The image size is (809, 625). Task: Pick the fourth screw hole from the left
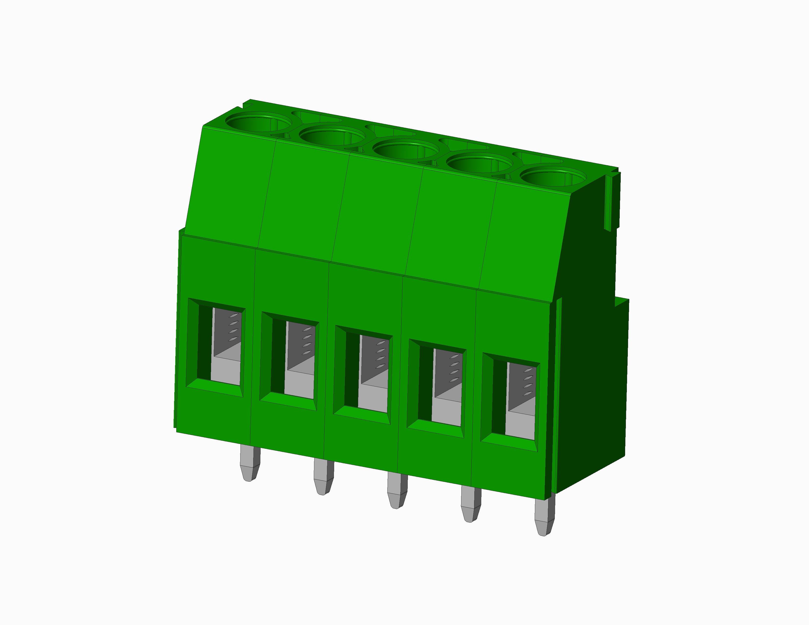tap(479, 164)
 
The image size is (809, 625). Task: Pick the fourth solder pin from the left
tap(470, 505)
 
